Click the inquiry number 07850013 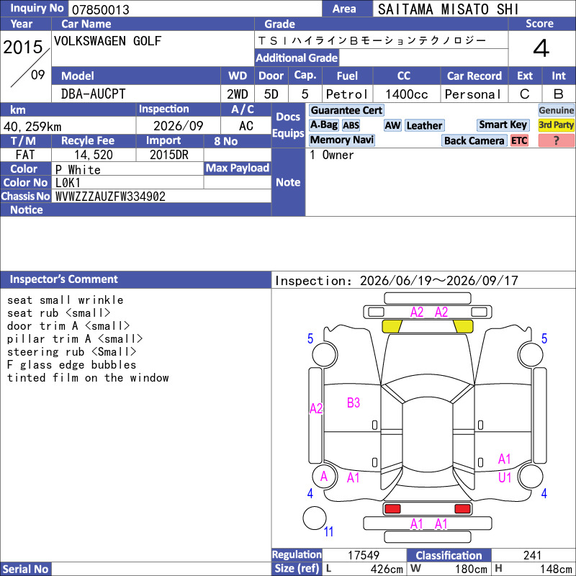(100, 9)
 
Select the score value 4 (541, 48)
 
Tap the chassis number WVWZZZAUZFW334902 (110, 197)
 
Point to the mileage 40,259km (32, 127)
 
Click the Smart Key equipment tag (503, 125)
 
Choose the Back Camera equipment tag (474, 140)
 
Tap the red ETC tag (519, 140)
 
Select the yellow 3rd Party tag (556, 125)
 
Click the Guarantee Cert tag (346, 110)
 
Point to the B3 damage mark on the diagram (354, 403)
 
